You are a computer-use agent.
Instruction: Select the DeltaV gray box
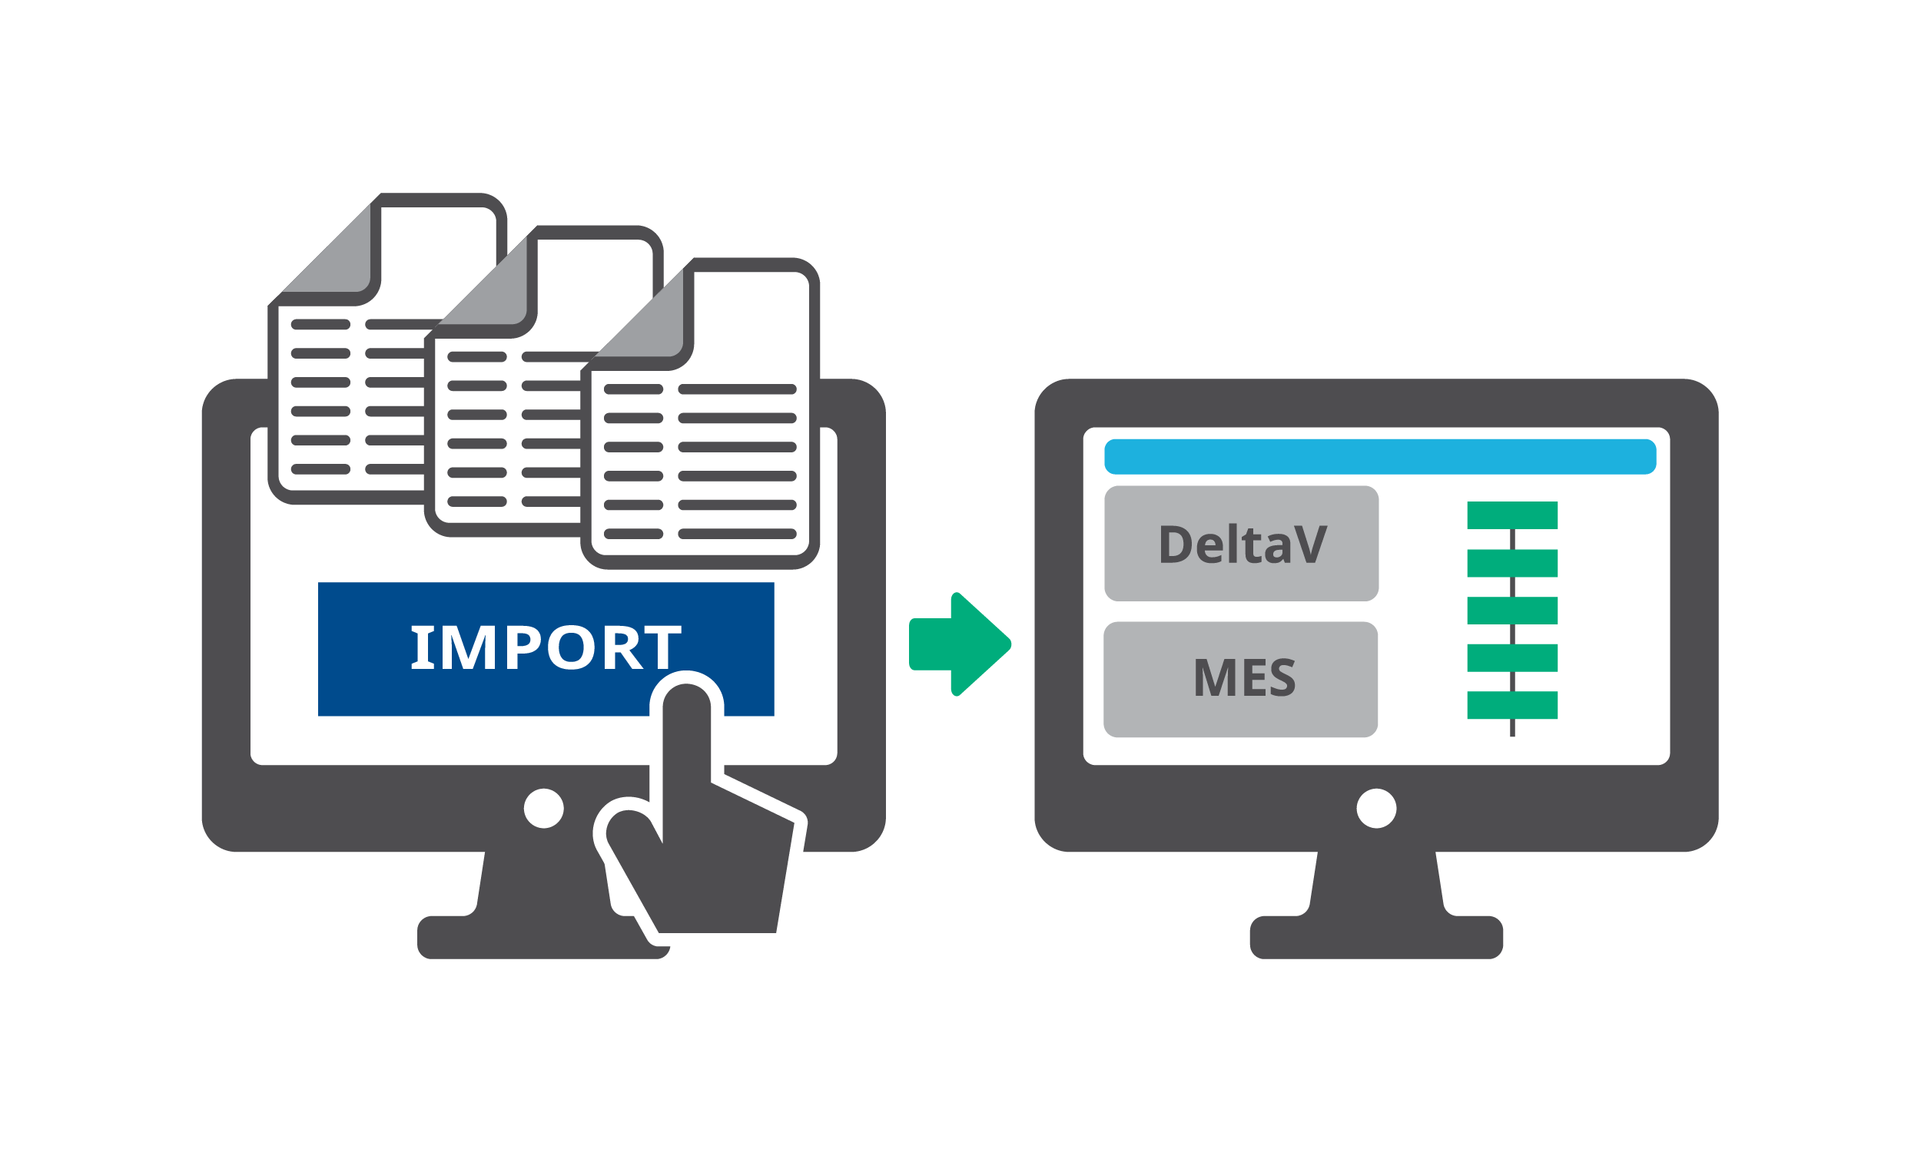(x=1241, y=544)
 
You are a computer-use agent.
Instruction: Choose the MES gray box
(x=1240, y=678)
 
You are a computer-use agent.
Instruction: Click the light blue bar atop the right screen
(x=1380, y=456)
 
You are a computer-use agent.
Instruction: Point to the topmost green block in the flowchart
(x=1511, y=515)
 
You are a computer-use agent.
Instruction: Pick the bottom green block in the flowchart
(x=1511, y=705)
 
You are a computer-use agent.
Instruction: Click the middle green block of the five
(x=1511, y=610)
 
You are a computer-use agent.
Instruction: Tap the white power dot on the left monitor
(x=543, y=808)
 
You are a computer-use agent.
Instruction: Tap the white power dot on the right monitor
(x=1376, y=808)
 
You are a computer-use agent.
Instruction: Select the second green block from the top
(x=1511, y=563)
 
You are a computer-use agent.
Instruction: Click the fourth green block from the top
(x=1511, y=657)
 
